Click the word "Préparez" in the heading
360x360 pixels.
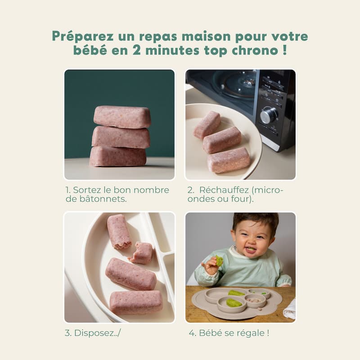coord(83,36)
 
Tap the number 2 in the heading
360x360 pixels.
coord(137,50)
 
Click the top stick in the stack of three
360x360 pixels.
coord(122,117)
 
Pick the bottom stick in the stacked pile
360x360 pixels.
coord(118,157)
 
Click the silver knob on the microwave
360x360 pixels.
coord(269,116)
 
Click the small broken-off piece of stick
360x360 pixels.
coord(141,252)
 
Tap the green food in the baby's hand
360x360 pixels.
coord(219,261)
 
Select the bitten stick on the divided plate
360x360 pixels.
coord(119,231)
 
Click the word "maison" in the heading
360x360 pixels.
coord(206,36)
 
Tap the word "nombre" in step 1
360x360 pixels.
coord(151,190)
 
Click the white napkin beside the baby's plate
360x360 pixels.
coord(289,310)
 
